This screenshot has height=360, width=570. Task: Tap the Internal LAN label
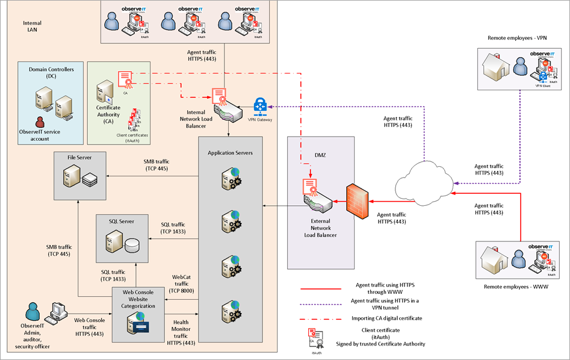click(32, 26)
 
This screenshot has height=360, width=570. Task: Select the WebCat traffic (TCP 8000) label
click(181, 283)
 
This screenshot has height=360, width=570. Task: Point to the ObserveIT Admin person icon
click(33, 312)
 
